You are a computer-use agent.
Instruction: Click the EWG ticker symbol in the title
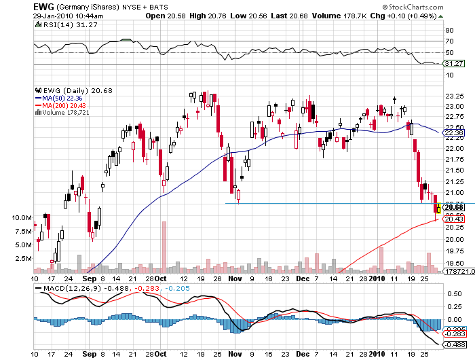43,5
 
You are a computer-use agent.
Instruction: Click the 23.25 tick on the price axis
453,95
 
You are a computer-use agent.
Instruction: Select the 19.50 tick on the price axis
453,263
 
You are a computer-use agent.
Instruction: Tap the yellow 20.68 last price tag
453,207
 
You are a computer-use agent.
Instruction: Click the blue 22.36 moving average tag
453,134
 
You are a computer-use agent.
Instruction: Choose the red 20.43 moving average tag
453,219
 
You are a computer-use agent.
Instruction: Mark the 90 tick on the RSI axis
449,30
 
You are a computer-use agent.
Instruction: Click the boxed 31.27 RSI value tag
453,63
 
